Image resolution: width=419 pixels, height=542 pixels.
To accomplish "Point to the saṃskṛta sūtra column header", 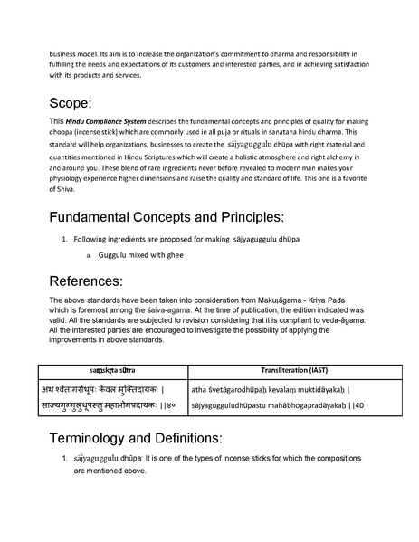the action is pos(111,371).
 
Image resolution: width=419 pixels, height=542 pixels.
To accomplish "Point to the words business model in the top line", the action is pos(74,52).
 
